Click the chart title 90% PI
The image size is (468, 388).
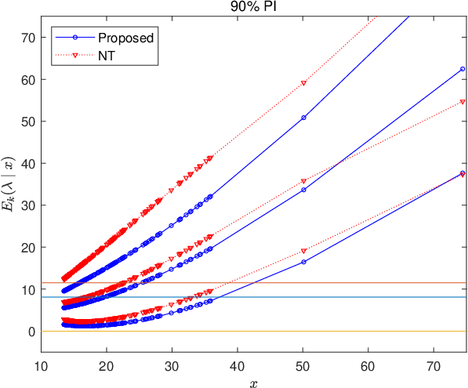point(253,6)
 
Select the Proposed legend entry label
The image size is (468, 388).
point(126,38)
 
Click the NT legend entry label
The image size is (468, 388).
point(107,56)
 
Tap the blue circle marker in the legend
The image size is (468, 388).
point(75,38)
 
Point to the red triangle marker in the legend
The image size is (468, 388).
point(75,55)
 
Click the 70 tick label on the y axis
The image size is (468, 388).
point(28,38)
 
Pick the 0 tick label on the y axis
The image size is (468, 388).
point(31,332)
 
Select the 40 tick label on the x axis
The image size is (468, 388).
point(238,366)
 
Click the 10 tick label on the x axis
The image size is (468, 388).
point(41,366)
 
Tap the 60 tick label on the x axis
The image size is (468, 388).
point(368,366)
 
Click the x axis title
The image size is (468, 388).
point(254,383)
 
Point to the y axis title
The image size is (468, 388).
point(8,184)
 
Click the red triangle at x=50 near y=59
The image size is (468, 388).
point(304,83)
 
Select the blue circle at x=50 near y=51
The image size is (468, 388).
point(304,118)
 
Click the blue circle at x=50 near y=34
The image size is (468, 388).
point(304,190)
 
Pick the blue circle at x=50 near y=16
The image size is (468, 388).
point(304,262)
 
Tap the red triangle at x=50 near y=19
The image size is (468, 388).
point(304,251)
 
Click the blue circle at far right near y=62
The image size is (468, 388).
point(463,69)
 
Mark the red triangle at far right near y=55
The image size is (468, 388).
point(463,102)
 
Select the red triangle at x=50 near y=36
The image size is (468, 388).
point(304,181)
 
